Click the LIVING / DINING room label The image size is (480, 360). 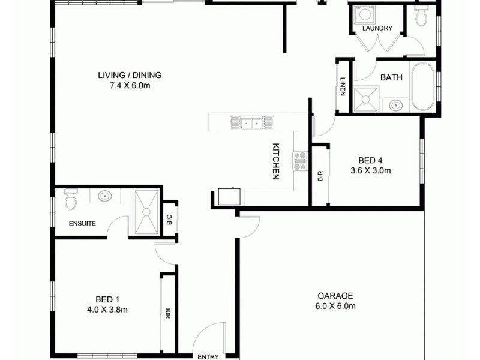(x=130, y=75)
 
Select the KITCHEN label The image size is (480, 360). (x=277, y=161)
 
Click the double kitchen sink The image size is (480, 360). (x=251, y=124)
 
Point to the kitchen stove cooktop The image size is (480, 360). (x=299, y=161)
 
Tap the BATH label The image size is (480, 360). (x=391, y=77)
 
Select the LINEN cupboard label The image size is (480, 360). (x=343, y=87)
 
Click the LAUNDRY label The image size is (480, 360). (x=377, y=28)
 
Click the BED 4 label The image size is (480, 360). (x=370, y=160)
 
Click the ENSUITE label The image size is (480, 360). (x=82, y=223)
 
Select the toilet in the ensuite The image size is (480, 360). (x=70, y=200)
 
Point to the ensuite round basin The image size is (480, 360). (x=106, y=196)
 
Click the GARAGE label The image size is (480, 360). (x=335, y=296)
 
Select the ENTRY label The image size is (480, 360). (x=208, y=357)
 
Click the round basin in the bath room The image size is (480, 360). (x=395, y=106)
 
